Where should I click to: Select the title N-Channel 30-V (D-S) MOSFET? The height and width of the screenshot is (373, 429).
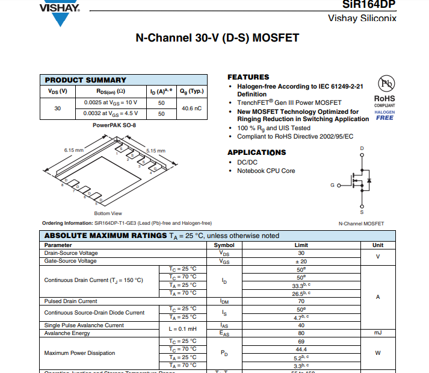point(217,39)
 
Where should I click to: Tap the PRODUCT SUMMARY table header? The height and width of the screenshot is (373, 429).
point(85,80)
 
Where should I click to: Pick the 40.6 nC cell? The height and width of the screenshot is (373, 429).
point(191,108)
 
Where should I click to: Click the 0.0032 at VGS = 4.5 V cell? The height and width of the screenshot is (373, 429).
point(111,113)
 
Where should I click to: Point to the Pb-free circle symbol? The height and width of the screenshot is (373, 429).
point(385,84)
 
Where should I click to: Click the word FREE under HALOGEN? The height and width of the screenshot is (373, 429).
point(384,118)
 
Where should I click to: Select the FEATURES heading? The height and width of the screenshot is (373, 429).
point(248,77)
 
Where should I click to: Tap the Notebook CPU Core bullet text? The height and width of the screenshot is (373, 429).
point(265,171)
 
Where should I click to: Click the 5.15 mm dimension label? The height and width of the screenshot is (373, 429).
point(155,151)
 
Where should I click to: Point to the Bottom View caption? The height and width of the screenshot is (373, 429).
point(108,213)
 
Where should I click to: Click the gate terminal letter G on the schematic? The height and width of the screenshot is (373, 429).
point(331,184)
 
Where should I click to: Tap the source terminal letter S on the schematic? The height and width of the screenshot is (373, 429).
point(362,212)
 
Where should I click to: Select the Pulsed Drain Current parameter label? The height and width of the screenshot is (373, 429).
point(71,301)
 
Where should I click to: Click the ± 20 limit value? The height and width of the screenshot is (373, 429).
point(301,261)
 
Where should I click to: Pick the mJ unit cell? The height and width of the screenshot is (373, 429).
point(377,333)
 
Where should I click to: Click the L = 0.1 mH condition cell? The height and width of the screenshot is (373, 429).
point(182,329)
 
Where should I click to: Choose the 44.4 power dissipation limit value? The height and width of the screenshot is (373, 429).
point(301,349)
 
